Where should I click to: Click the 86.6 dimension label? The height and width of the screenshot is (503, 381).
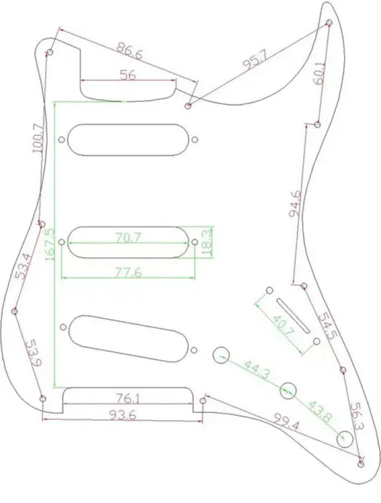coord(129,51)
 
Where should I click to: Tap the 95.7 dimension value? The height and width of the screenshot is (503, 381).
coord(254,60)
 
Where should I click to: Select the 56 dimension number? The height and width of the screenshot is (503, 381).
coord(128,75)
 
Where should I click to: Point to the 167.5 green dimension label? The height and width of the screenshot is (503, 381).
coord(50,244)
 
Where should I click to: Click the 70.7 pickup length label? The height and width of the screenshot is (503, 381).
coord(128,238)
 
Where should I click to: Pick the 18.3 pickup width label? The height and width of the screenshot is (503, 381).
coord(208,242)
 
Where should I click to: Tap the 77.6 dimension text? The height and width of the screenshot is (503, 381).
coord(128,273)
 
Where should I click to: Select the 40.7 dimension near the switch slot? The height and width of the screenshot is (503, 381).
coord(284,325)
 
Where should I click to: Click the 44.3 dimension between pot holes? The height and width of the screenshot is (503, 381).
coord(257,369)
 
